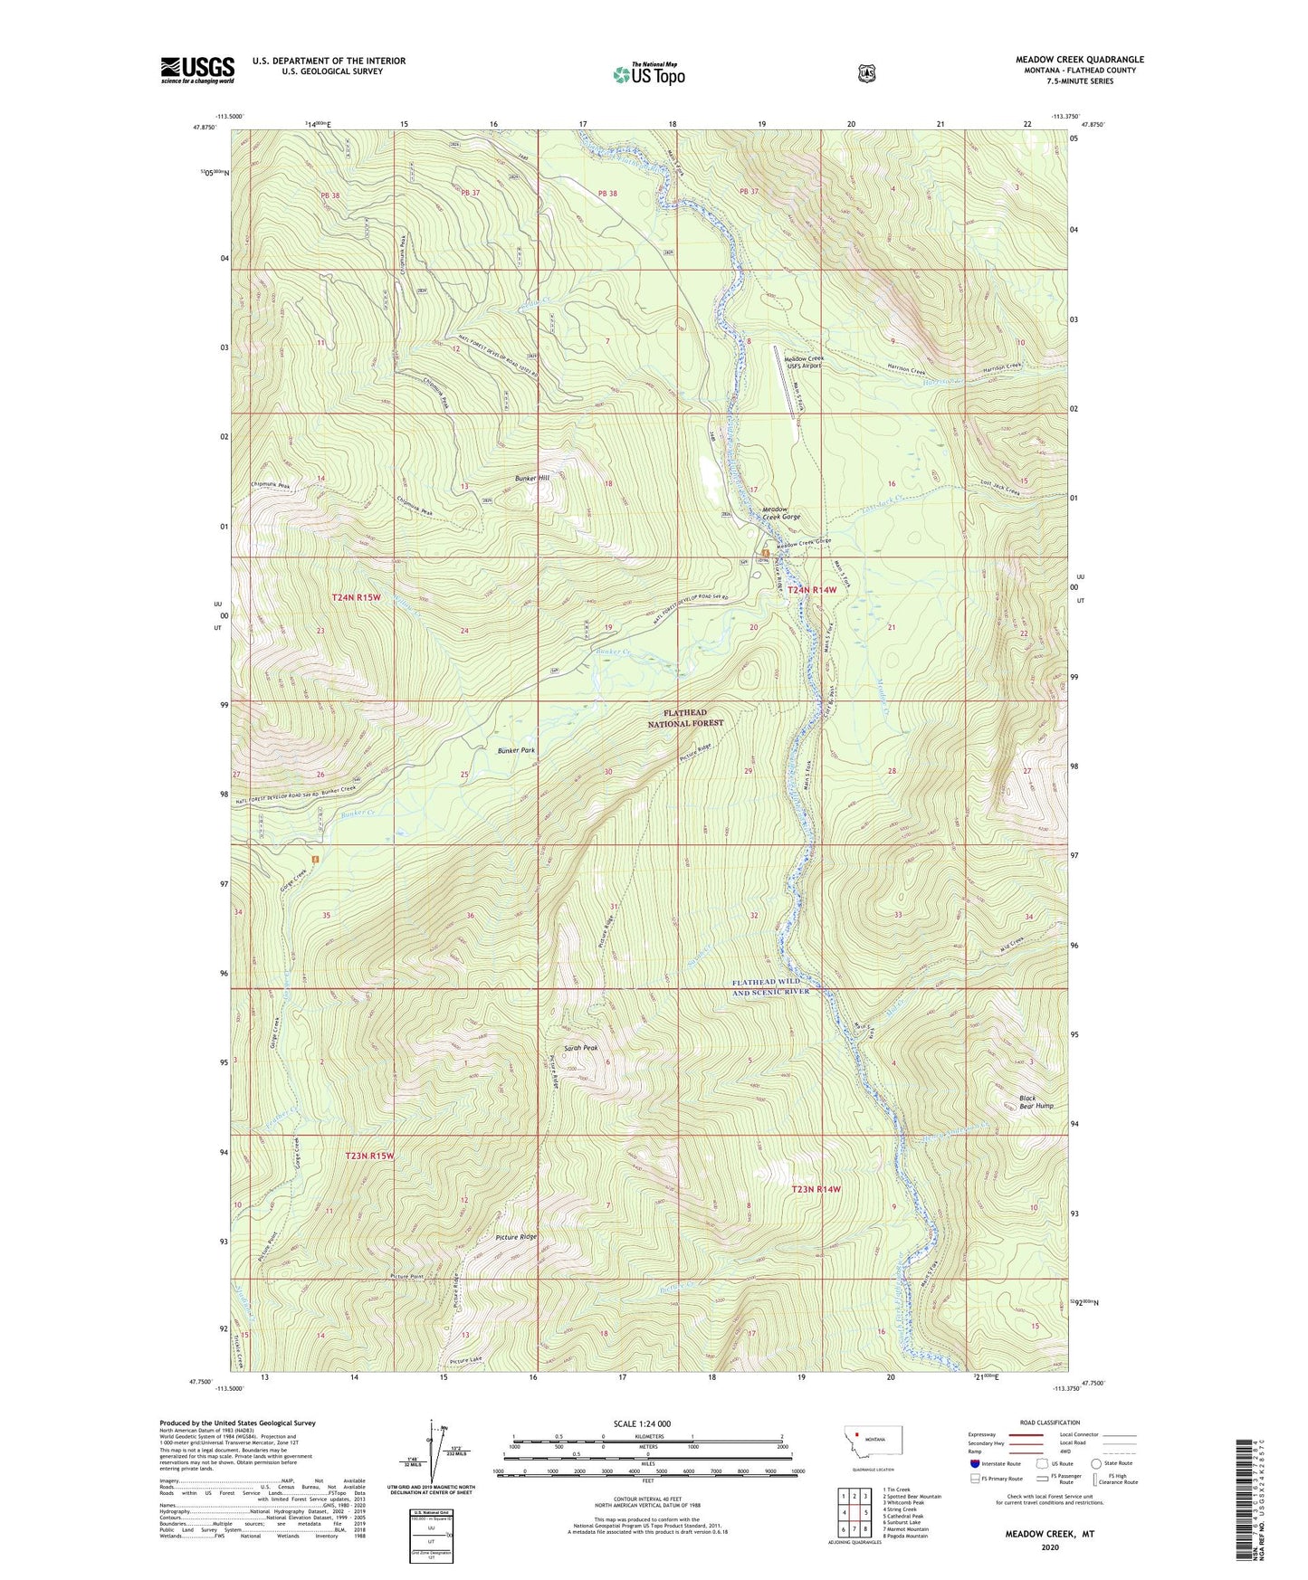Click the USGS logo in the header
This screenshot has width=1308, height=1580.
(x=197, y=70)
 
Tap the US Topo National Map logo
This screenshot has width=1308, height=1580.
(x=648, y=74)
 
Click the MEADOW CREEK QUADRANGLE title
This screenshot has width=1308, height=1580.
(x=1079, y=60)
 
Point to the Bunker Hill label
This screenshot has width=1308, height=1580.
(x=532, y=478)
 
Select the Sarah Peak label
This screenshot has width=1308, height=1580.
(x=580, y=1048)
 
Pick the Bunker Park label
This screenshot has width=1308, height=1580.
(x=516, y=751)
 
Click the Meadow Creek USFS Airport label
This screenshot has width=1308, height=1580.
(x=803, y=362)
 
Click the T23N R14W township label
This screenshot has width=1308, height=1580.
(x=816, y=1189)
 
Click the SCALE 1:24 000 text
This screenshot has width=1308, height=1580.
(x=642, y=1423)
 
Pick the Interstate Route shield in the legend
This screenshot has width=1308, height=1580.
(x=974, y=1463)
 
